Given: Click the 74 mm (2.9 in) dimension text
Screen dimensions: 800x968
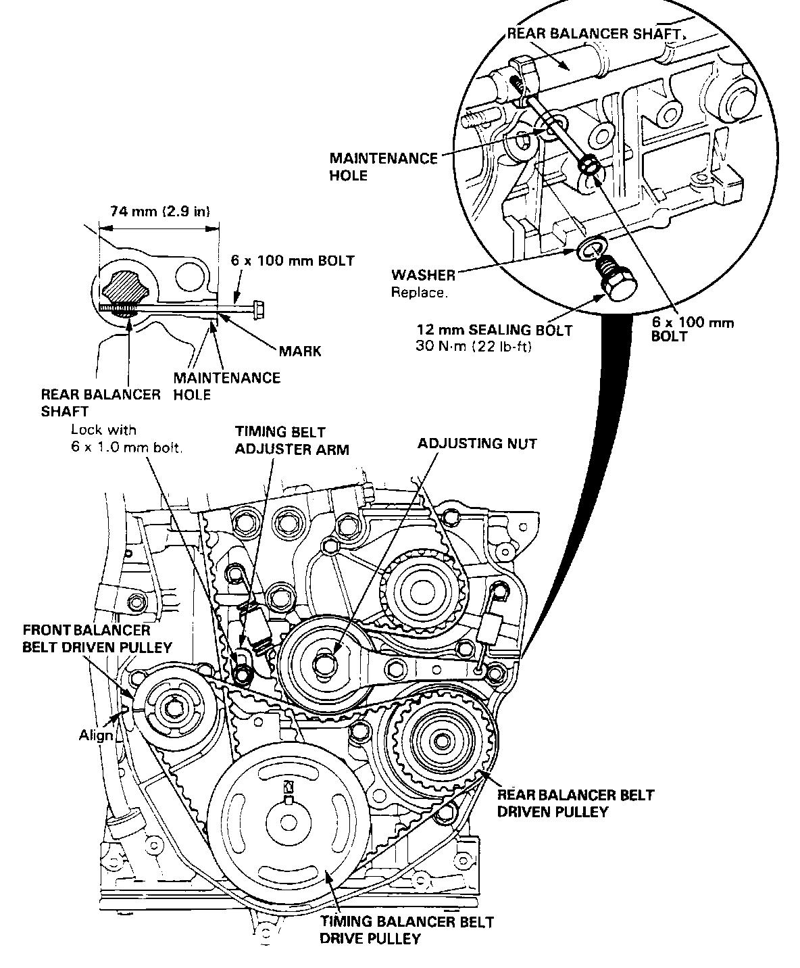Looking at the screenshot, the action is (x=160, y=212).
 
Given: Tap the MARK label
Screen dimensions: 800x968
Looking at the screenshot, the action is (x=300, y=351).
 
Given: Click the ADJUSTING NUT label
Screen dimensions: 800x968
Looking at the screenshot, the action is (x=477, y=443).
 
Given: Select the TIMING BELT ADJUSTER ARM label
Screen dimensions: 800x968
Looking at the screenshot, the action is (x=292, y=441).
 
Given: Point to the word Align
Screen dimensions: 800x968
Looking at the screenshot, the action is (x=96, y=735).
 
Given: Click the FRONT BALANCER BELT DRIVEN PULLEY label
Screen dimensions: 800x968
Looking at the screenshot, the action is (x=97, y=639).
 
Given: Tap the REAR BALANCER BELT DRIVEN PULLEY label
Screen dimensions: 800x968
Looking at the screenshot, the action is (x=575, y=804).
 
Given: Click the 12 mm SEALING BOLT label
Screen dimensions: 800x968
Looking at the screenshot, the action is (x=495, y=330).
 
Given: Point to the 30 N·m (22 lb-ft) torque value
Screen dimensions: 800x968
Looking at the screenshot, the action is (x=473, y=346).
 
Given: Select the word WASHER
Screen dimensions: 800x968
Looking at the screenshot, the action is (x=423, y=275).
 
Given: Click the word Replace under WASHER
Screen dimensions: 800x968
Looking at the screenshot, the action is (x=420, y=293).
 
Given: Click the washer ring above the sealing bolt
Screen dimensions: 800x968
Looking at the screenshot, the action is (x=592, y=249).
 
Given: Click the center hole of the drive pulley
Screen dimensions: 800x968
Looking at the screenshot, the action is (x=289, y=823).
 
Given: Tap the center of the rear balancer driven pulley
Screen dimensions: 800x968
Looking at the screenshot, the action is (x=441, y=742).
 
